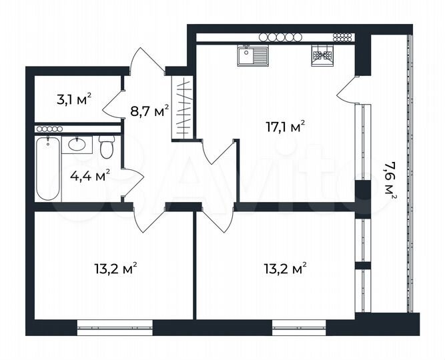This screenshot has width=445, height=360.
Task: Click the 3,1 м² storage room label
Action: (x=73, y=101)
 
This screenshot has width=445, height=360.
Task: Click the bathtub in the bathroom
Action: (x=48, y=169)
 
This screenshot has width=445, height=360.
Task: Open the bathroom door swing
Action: (x=132, y=182)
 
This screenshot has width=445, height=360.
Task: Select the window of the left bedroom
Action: (x=114, y=326)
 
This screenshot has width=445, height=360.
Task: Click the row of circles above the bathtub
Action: (x=49, y=128)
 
